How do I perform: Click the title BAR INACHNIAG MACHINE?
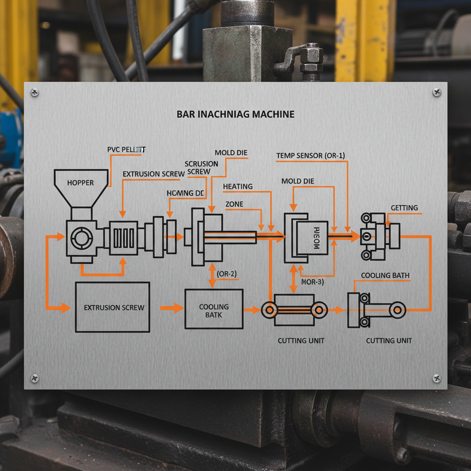pyautogui.click(x=235, y=114)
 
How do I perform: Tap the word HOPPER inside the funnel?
pyautogui.click(x=80, y=183)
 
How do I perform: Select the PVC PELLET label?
pyautogui.click(x=126, y=149)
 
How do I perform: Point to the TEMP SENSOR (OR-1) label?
pyautogui.click(x=310, y=156)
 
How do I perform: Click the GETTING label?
pyautogui.click(x=404, y=208)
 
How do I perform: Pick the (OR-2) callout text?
pyautogui.click(x=227, y=274)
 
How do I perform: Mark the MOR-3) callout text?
pyautogui.click(x=312, y=281)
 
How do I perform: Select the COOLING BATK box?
pyautogui.click(x=214, y=309)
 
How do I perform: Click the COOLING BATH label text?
pyautogui.click(x=385, y=276)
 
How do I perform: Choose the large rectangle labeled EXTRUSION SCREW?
pyautogui.click(x=112, y=307)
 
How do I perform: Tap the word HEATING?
pyautogui.click(x=238, y=186)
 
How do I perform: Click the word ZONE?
pyautogui.click(x=235, y=204)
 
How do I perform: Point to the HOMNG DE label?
pyautogui.click(x=185, y=193)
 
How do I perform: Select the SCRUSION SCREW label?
pyautogui.click(x=201, y=168)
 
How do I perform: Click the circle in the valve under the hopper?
pyautogui.click(x=81, y=237)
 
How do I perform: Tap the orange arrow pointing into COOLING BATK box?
pyautogui.click(x=172, y=308)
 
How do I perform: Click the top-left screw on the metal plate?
pyautogui.click(x=34, y=92)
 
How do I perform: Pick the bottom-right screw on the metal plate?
pyautogui.click(x=437, y=378)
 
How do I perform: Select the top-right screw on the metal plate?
pyautogui.click(x=437, y=92)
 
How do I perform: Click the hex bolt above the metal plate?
pyautogui.click(x=311, y=57)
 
